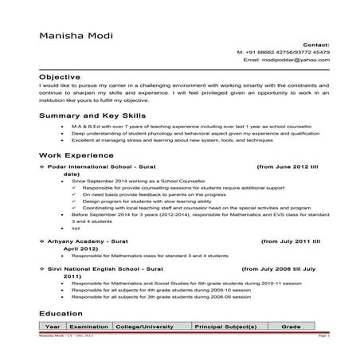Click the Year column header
coord(53,327)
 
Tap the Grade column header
coord(290,327)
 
